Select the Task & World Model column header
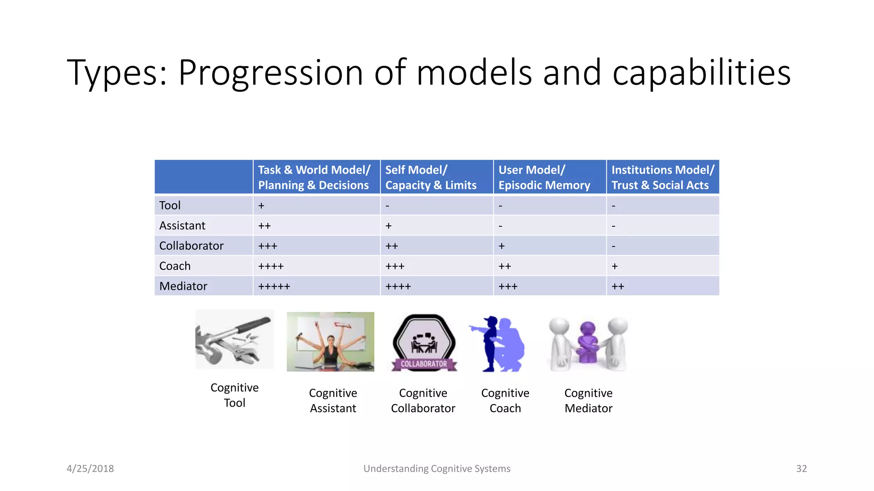pyautogui.click(x=314, y=177)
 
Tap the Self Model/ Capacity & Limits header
pyautogui.click(x=431, y=177)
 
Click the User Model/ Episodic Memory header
pyautogui.click(x=544, y=177)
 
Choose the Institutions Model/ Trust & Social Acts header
pyautogui.click(x=662, y=177)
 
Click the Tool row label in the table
pyautogui.click(x=170, y=205)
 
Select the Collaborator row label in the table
pyautogui.click(x=191, y=246)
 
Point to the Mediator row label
pyautogui.click(x=183, y=286)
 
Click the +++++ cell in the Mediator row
pyautogui.click(x=274, y=286)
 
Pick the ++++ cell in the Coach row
pyautogui.click(x=271, y=266)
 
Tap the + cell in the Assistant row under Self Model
pyautogui.click(x=388, y=226)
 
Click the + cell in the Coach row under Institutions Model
pyautogui.click(x=615, y=266)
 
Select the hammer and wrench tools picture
pyautogui.click(x=234, y=340)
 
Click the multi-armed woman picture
pyautogui.click(x=330, y=341)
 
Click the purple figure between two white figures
pyautogui.click(x=588, y=341)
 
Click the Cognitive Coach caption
pyautogui.click(x=505, y=401)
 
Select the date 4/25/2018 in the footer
pyautogui.click(x=90, y=468)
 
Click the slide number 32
pyautogui.click(x=801, y=468)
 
